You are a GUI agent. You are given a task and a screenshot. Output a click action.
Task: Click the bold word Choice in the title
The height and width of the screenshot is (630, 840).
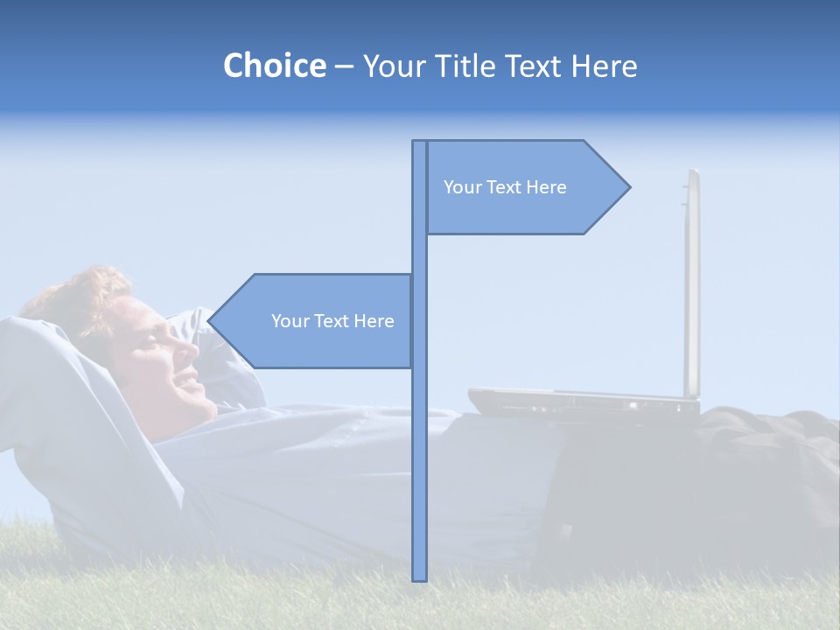[x=274, y=66]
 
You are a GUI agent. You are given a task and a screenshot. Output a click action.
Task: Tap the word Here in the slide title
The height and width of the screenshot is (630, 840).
[x=604, y=66]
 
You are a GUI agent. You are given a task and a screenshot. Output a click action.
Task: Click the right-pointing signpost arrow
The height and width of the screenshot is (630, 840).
[x=525, y=187]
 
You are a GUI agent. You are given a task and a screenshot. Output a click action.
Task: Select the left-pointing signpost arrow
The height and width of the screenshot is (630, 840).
[x=315, y=321]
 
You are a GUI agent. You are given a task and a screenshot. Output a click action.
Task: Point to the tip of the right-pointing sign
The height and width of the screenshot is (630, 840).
[x=628, y=186]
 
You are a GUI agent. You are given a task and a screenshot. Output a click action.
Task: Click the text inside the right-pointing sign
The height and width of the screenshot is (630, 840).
[x=505, y=187]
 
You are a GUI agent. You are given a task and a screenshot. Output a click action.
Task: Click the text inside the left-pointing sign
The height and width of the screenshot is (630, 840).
[x=332, y=321]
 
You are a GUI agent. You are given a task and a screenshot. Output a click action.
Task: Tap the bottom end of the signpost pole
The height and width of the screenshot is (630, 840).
[x=419, y=577]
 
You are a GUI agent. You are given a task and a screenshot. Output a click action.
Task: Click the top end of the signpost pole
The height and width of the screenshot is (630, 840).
[x=419, y=143]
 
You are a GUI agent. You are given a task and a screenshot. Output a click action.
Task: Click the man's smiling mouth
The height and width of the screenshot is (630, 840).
[x=185, y=379]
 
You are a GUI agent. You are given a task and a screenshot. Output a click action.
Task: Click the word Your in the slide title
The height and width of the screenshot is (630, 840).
[x=393, y=66]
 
